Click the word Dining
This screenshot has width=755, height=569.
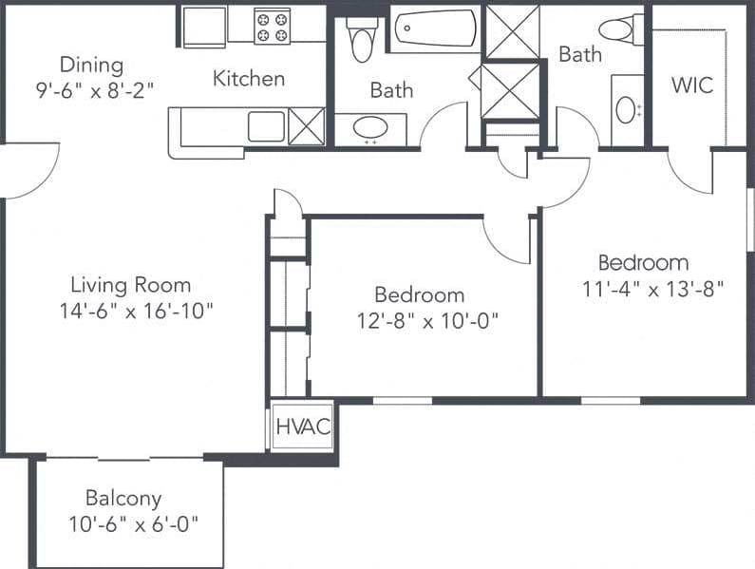click(91, 65)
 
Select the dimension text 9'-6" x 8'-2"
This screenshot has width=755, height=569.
click(92, 87)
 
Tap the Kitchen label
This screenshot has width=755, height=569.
click(249, 78)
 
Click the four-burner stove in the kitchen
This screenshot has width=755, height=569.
click(273, 26)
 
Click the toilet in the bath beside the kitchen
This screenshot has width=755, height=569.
click(362, 37)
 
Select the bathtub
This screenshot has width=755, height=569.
click(434, 28)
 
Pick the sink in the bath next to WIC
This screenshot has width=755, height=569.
click(626, 110)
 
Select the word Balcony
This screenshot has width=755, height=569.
click(123, 498)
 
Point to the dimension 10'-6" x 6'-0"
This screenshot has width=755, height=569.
click(132, 522)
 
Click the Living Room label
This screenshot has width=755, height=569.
click(131, 285)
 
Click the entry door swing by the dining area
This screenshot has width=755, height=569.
click(28, 171)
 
